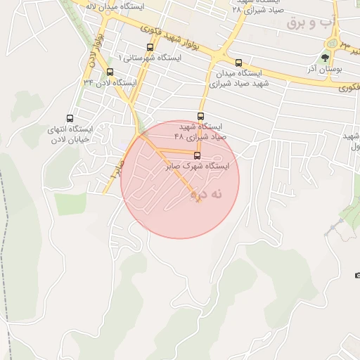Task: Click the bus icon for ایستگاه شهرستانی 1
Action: click(x=149, y=48)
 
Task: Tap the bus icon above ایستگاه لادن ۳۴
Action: click(x=110, y=72)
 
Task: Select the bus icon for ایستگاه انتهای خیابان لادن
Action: click(x=70, y=119)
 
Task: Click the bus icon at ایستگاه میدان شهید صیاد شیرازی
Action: click(x=238, y=63)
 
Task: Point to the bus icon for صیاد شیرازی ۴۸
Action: click(x=200, y=116)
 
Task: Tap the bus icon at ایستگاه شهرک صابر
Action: click(x=196, y=155)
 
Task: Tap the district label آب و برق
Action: click(x=306, y=23)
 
